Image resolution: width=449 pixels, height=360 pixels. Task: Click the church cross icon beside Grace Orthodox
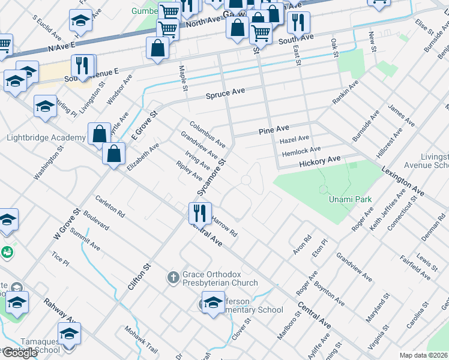click(173, 278)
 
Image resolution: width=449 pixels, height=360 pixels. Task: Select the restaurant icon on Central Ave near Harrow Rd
click(199, 212)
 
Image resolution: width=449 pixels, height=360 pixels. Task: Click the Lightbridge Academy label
click(46, 138)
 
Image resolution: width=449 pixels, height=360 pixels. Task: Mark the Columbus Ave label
click(208, 135)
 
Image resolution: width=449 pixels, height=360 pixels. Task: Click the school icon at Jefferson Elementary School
click(213, 302)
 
